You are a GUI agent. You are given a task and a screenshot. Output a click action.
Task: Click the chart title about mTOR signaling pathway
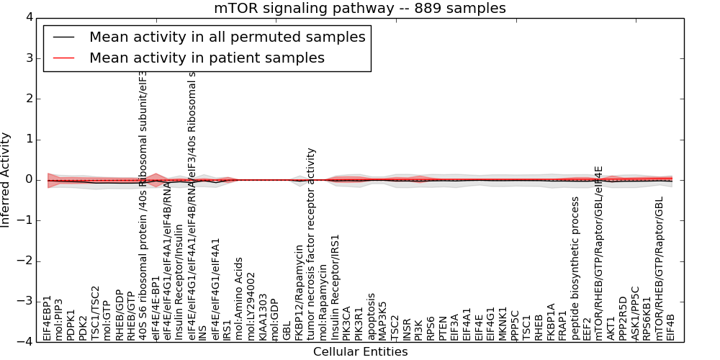(x=360, y=9)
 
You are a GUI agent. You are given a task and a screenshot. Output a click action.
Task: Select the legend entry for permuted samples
(x=227, y=37)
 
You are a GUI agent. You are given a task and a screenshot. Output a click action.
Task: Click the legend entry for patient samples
(x=207, y=58)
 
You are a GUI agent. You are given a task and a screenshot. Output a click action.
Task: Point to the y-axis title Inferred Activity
(x=6, y=179)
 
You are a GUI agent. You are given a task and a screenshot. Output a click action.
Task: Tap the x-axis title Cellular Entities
(x=360, y=352)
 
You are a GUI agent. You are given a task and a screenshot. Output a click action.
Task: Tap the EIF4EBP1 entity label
(x=48, y=318)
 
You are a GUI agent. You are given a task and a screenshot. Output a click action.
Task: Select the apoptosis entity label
(x=372, y=316)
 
